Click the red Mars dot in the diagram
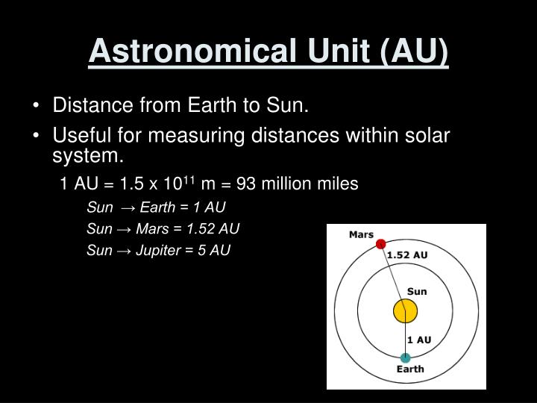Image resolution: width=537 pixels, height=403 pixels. [380, 243]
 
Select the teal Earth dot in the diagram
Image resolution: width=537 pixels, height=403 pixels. [405, 357]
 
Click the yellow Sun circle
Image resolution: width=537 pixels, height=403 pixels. [405, 310]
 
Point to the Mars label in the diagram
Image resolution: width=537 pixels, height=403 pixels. [361, 234]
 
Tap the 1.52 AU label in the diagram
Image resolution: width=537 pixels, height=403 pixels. [406, 254]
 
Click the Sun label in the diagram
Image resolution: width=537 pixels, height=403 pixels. [417, 291]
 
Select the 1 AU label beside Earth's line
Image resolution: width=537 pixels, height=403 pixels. [419, 340]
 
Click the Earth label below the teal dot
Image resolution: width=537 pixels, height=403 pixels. [410, 369]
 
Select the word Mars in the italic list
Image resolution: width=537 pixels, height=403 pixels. [151, 228]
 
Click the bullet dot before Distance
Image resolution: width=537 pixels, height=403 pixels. [37, 106]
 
